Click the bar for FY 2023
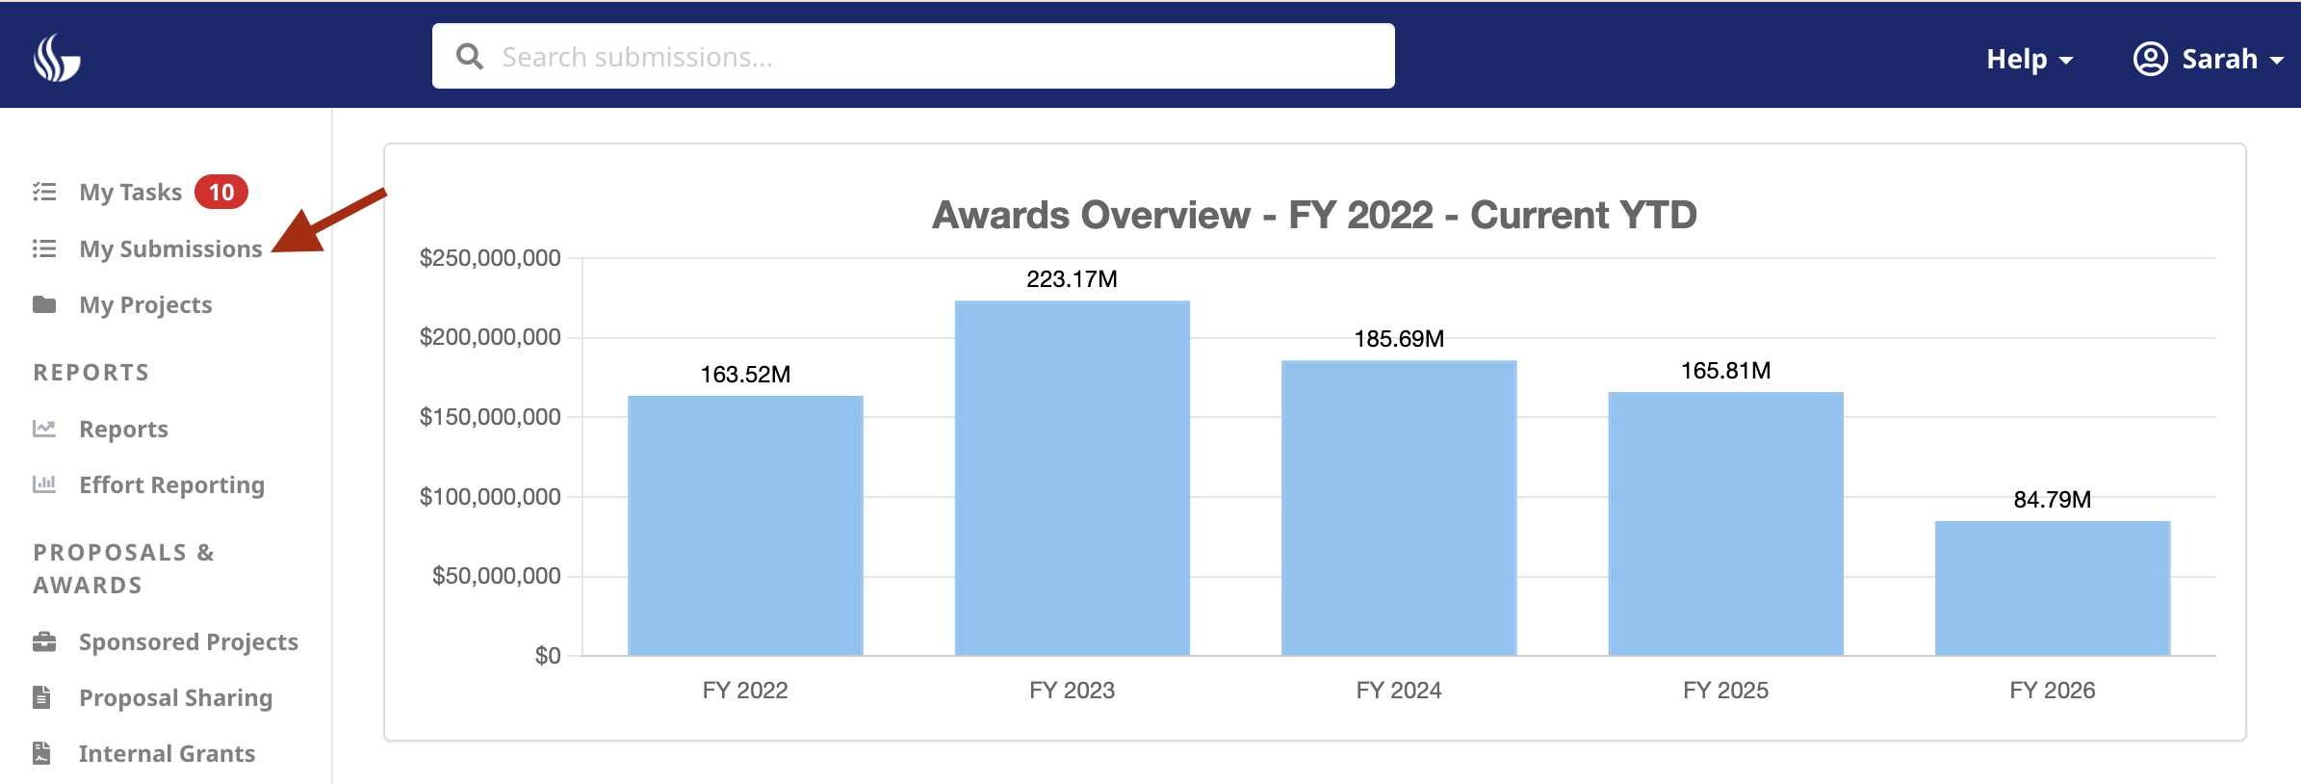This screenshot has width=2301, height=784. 1072,479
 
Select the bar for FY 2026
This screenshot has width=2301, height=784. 2052,588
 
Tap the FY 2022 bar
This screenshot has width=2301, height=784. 745,526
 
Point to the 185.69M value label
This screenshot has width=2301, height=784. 1398,339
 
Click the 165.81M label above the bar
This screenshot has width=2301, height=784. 1725,371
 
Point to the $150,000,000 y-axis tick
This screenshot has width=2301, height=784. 490,417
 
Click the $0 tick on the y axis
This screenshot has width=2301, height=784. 547,656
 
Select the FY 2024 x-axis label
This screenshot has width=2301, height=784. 1398,691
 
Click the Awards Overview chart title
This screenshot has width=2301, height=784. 1314,215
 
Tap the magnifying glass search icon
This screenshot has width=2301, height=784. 470,57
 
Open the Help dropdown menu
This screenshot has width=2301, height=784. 2029,59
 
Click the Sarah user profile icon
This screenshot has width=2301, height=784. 2150,59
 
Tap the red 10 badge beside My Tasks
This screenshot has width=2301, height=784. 221,193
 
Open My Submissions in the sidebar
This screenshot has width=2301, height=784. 170,248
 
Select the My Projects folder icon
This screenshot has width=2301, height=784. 44,304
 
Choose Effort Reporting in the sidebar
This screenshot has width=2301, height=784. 171,484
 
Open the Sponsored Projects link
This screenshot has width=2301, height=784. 188,641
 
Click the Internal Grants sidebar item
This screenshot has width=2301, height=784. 167,753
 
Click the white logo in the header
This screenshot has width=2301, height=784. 57,58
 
